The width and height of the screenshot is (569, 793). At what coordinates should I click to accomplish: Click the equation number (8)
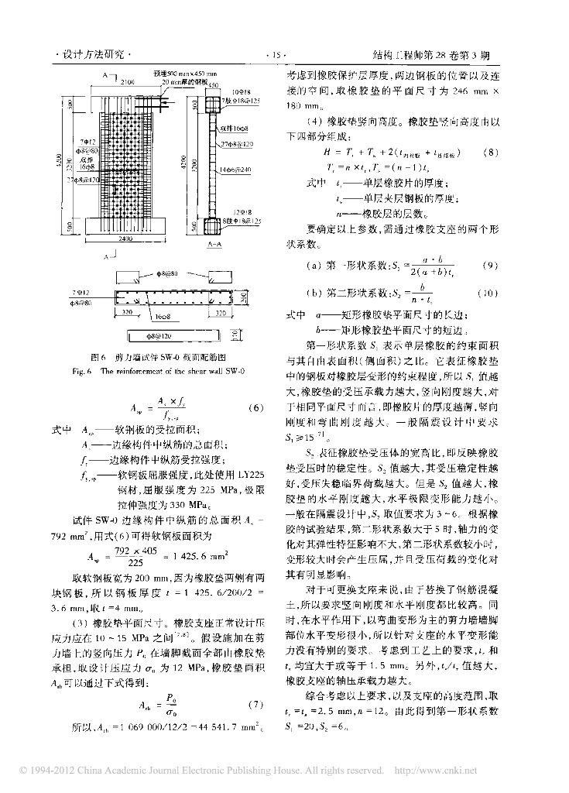pyautogui.click(x=488, y=151)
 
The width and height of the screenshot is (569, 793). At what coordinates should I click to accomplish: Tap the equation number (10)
pyautogui.click(x=487, y=294)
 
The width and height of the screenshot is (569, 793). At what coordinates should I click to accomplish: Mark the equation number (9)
pyautogui.click(x=488, y=265)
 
